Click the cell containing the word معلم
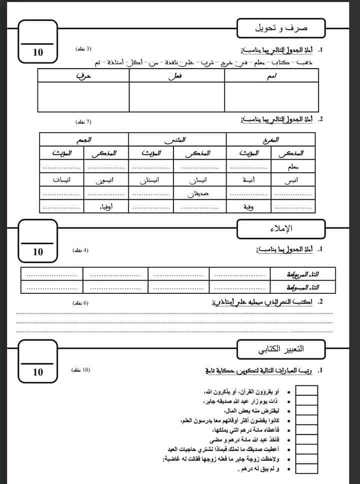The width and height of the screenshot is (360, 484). (293, 167)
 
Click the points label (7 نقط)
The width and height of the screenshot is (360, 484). (83, 122)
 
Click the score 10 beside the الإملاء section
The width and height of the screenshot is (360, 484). (38, 252)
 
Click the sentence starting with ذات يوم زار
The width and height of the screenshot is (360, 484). (239, 401)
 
